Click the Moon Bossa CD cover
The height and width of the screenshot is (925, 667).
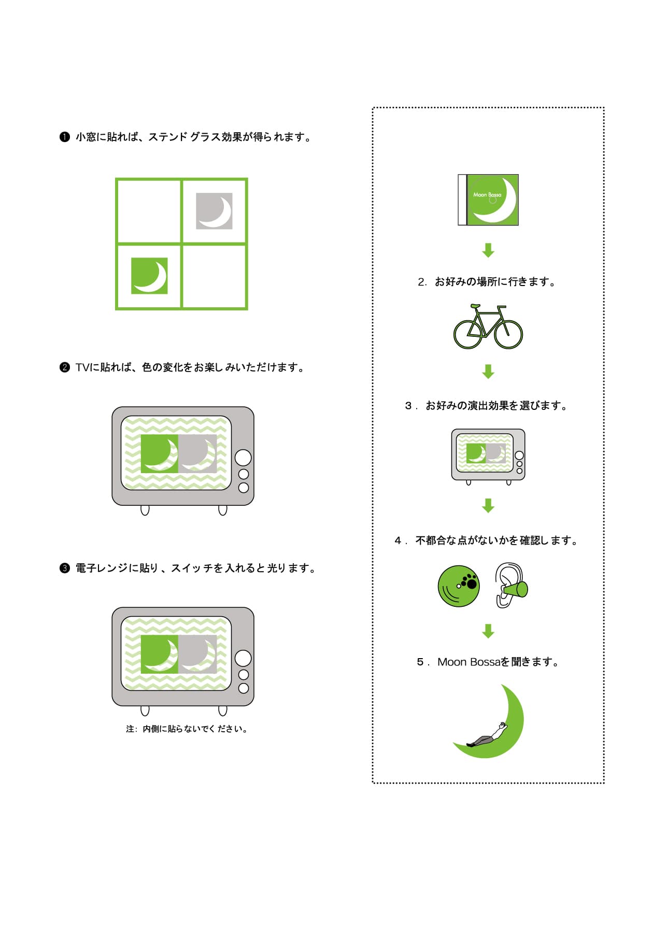488,200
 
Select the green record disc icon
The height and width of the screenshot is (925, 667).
459,586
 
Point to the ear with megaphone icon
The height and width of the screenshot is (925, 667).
510,586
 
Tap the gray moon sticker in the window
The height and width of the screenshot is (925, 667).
214,211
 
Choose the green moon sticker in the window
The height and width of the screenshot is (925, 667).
149,276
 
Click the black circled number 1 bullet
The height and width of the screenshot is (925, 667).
64,137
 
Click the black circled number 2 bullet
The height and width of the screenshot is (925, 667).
64,367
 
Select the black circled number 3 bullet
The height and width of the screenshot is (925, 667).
64,568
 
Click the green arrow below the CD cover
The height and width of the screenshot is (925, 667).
488,250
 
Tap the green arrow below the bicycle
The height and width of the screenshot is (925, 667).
488,372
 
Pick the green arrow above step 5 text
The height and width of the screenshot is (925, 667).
488,631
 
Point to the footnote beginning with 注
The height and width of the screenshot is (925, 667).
187,729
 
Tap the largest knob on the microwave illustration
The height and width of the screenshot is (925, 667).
243,658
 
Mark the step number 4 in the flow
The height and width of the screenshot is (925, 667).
398,541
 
